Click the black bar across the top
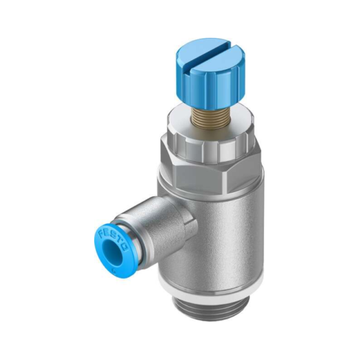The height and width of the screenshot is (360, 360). [x=180, y=17]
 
